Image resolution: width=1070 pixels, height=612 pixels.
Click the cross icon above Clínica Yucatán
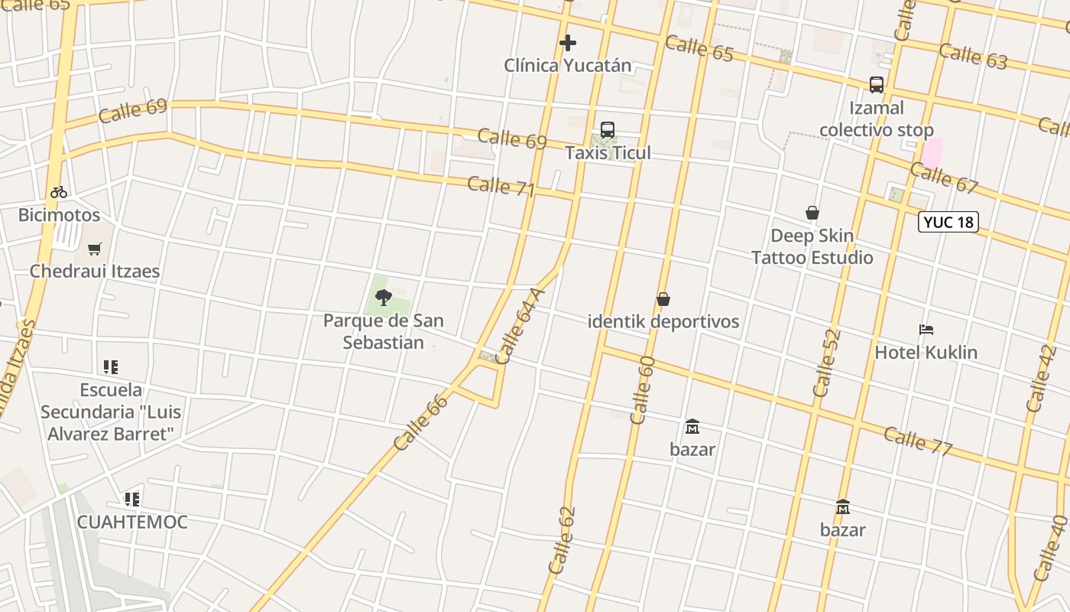(x=567, y=43)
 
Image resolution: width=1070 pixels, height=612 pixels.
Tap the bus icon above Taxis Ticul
(x=608, y=130)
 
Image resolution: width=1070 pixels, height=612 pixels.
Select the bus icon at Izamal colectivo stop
(x=876, y=85)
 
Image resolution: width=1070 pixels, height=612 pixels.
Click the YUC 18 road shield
(x=948, y=223)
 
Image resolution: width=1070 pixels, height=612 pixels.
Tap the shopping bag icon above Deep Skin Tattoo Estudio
(x=812, y=213)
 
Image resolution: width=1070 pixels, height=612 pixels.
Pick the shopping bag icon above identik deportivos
(x=663, y=299)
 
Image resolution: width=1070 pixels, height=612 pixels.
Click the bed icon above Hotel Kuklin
(x=926, y=330)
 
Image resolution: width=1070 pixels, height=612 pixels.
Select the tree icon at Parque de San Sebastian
(x=384, y=297)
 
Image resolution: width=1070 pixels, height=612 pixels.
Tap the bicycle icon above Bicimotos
(x=59, y=192)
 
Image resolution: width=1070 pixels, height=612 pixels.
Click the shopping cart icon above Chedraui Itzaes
(x=94, y=249)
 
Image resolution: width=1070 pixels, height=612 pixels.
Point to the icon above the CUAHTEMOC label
(x=132, y=500)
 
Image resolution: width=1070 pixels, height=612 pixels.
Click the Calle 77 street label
(x=917, y=441)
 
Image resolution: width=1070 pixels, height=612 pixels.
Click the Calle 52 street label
(x=827, y=362)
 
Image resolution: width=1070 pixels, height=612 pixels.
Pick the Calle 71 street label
(x=501, y=186)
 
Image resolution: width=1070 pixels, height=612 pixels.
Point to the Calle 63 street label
(x=973, y=56)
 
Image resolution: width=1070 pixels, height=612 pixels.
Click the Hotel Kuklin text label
(x=926, y=353)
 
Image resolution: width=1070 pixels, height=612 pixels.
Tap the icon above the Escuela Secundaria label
(x=111, y=367)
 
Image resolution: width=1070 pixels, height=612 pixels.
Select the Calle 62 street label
(x=561, y=540)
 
